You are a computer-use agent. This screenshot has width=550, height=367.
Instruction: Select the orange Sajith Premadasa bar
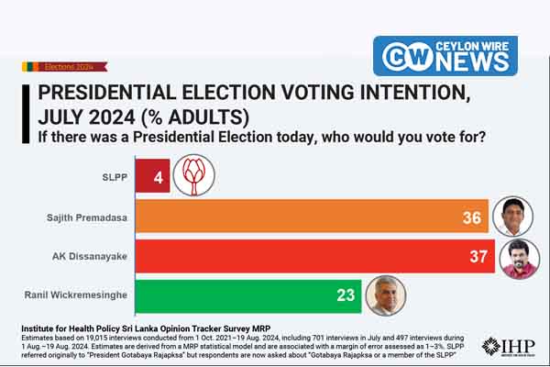[x=302, y=217]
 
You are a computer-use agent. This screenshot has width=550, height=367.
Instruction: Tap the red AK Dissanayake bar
[x=302, y=256]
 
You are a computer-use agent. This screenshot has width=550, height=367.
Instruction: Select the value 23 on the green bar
[x=346, y=296]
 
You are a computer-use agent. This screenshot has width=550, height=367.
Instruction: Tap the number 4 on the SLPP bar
[x=159, y=176]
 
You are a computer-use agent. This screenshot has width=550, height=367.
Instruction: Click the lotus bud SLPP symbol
[x=192, y=174]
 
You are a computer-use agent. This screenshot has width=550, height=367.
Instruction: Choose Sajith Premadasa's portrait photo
[x=513, y=217]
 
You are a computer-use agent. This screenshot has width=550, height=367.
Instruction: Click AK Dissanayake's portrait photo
[x=520, y=258]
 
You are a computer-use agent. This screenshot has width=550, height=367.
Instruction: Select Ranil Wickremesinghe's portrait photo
[x=385, y=295]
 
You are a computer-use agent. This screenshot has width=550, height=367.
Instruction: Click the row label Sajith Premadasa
[x=84, y=217]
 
